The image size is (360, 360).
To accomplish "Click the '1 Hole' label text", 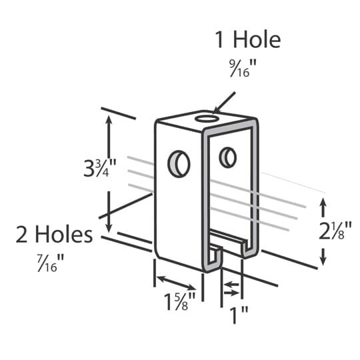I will [247, 40].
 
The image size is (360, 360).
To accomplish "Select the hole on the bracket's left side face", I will [179, 163].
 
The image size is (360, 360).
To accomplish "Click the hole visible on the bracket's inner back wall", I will [227, 157].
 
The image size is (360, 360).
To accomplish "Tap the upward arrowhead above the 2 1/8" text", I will [324, 202].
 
